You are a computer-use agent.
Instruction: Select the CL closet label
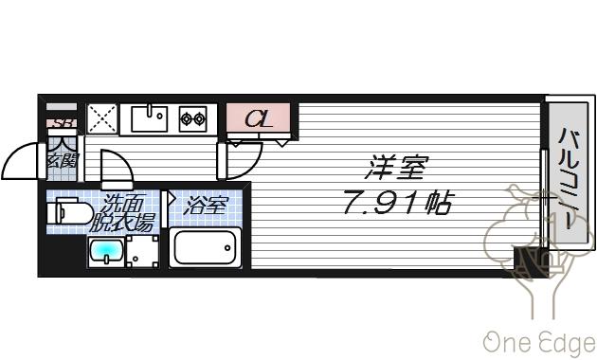[260, 119]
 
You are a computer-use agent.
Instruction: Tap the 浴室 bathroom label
[207, 205]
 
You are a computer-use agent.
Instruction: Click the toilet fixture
[68, 213]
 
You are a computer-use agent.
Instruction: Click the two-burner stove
[194, 119]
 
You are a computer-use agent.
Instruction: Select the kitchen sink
[149, 118]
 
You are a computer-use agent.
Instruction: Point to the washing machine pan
[142, 252]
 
